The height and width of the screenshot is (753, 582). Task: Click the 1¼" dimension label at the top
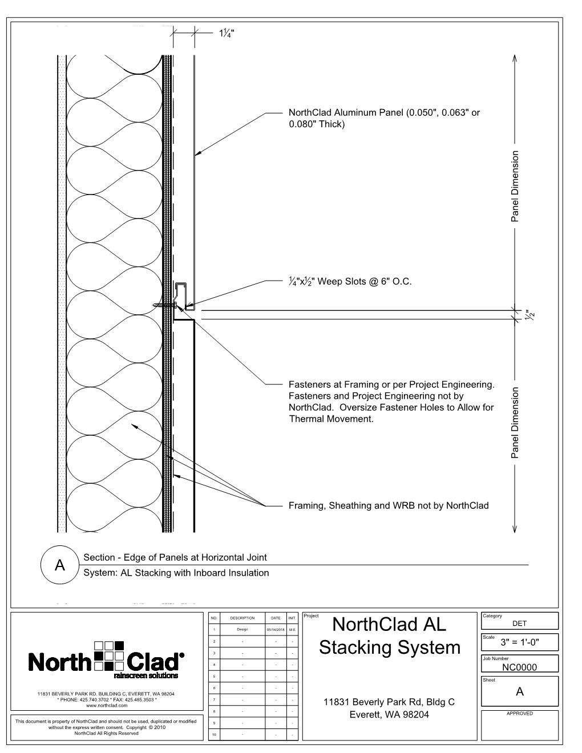coord(227,33)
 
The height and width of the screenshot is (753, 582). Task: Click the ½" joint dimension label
coord(531,315)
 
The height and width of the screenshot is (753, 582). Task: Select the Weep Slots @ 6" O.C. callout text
coord(350,281)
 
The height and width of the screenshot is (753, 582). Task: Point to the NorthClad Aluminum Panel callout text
coord(384,118)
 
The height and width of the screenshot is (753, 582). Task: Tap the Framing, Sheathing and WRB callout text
coord(389,505)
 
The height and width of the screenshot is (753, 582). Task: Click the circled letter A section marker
coord(59,565)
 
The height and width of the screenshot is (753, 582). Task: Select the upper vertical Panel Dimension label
coord(515,186)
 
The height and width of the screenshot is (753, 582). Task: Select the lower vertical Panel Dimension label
coord(515,423)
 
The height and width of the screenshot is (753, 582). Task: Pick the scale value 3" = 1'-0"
coord(519,643)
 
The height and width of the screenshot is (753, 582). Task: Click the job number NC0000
coord(519,667)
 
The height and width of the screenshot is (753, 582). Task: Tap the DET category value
coord(519,624)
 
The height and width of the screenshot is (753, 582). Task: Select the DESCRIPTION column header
coord(242,618)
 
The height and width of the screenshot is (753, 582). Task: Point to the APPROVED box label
coord(519,714)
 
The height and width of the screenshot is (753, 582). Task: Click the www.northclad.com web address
coord(106,706)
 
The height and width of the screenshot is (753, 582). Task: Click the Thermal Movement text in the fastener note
coord(331,419)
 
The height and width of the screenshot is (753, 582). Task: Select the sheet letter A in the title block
coord(519,692)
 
